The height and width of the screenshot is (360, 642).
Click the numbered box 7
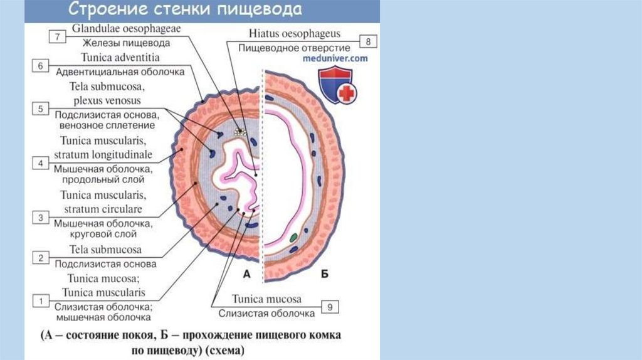[x=57, y=37]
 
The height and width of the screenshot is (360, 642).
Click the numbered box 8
[x=367, y=42]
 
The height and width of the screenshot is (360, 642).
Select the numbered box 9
[x=330, y=307]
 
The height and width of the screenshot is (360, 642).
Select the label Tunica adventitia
[x=116, y=57]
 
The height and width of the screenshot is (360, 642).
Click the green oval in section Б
[x=293, y=238]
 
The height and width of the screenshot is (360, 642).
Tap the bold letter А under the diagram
[x=246, y=273]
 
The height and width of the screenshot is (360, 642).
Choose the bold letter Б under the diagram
[x=325, y=273]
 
